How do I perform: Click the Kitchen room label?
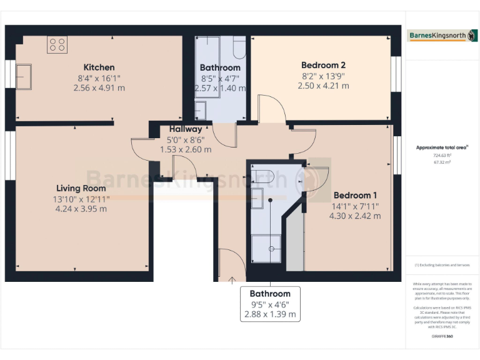[x=99, y=67]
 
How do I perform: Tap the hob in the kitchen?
[x=57, y=44]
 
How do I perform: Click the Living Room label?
[x=81, y=188]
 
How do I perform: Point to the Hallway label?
[x=186, y=129]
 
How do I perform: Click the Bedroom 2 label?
[x=323, y=65]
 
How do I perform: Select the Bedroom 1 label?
[x=355, y=194]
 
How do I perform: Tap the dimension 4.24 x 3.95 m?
[x=81, y=209]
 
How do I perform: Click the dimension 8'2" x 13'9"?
[x=323, y=76]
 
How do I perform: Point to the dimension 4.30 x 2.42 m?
[x=355, y=216]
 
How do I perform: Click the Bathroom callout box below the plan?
[x=270, y=304]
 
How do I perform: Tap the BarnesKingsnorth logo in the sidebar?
[x=442, y=36]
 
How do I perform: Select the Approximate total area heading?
[x=442, y=147]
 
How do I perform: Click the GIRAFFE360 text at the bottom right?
[x=442, y=336]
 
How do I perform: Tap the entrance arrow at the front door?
[x=232, y=279]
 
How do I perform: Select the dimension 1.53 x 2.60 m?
[x=186, y=150]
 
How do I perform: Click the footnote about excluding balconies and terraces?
[x=442, y=265]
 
